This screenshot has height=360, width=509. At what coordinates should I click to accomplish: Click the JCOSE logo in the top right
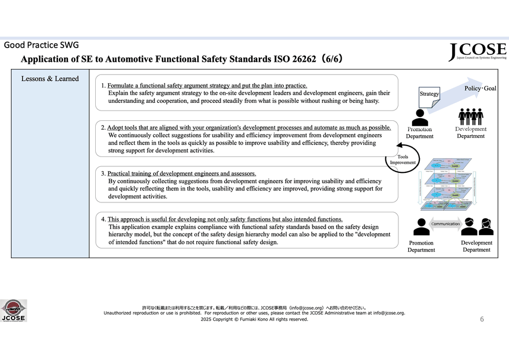pyautogui.click(x=477, y=51)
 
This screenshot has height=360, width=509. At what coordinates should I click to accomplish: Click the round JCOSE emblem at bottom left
pyautogui.click(x=13, y=310)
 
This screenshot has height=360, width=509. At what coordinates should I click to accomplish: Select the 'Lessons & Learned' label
pyautogui.click(x=50, y=79)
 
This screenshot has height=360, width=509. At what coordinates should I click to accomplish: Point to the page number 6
pyautogui.click(x=482, y=319)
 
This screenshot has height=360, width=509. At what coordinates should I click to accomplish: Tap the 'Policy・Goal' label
pyautogui.click(x=480, y=88)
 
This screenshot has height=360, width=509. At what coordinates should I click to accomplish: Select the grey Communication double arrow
pyautogui.click(x=446, y=224)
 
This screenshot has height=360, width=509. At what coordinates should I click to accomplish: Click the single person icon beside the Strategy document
pyautogui.click(x=419, y=117)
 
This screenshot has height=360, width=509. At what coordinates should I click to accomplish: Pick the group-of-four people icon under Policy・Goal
pyautogui.click(x=471, y=117)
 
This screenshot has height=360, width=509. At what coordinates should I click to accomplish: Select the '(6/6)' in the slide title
pyautogui.click(x=332, y=59)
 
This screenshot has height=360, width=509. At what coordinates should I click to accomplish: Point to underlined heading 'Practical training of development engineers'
pyautogui.click(x=182, y=173)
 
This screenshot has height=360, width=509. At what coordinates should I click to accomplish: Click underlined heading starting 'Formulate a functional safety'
pyautogui.click(x=207, y=85)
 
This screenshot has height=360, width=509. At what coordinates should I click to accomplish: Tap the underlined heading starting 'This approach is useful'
pyautogui.click(x=224, y=219)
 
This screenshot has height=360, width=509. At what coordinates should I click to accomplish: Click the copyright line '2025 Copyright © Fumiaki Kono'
pyautogui.click(x=254, y=319)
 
